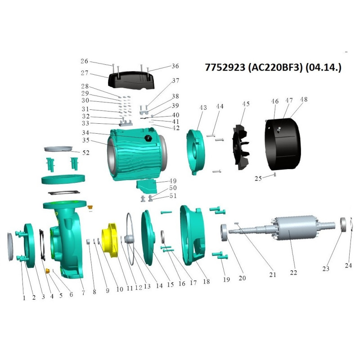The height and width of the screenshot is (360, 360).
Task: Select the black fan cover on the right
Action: (283, 144)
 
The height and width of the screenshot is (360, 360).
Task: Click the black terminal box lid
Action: (131, 80)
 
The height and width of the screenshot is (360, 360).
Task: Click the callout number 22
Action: (293, 273)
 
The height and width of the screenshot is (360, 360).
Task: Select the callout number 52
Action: (86, 153)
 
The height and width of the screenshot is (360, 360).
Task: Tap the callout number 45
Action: (246, 104)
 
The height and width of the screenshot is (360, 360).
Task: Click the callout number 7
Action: (83, 293)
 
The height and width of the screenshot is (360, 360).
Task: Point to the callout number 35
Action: (86, 140)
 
